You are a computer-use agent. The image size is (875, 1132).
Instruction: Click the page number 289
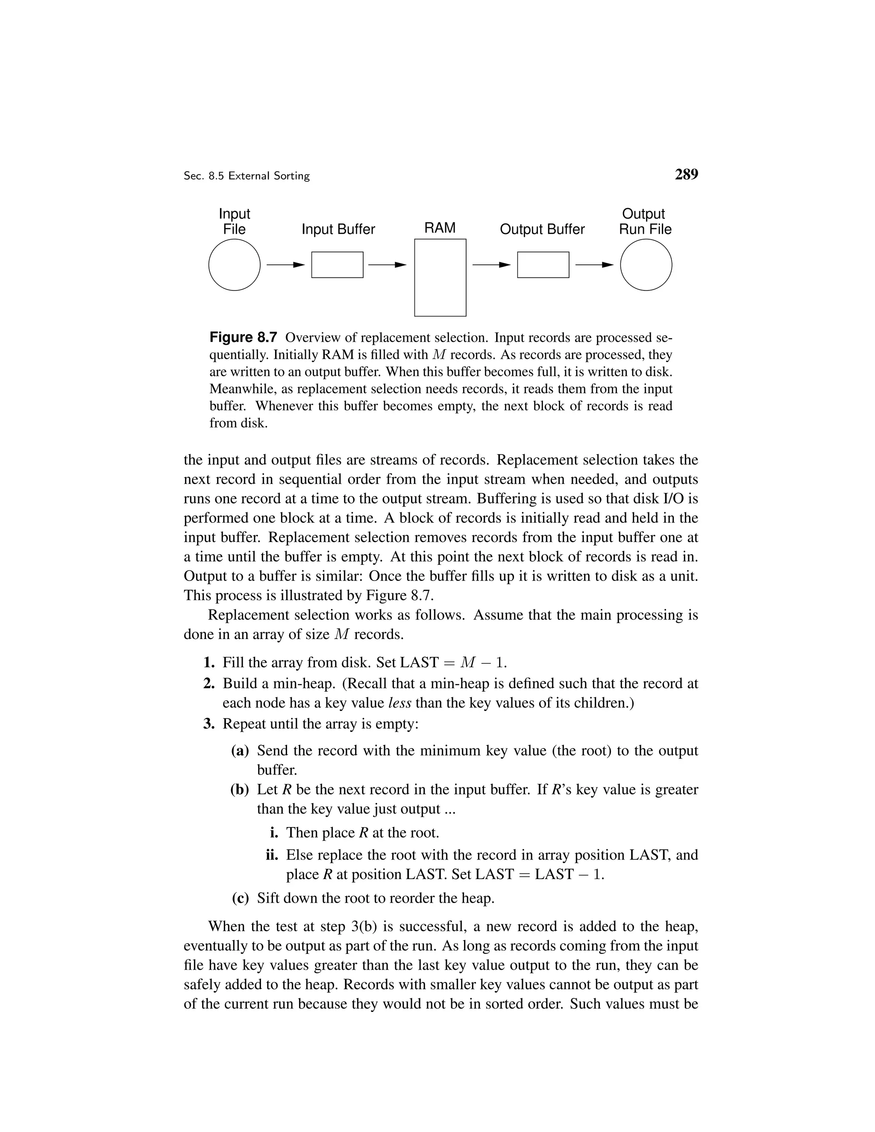click(x=686, y=175)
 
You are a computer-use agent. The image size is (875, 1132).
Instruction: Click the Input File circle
click(x=234, y=265)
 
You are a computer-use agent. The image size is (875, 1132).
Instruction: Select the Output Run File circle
click(x=646, y=265)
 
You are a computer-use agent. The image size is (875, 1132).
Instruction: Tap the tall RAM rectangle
click(x=440, y=277)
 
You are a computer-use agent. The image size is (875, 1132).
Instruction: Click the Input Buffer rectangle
click(x=337, y=265)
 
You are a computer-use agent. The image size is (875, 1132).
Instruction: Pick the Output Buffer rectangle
click(x=543, y=265)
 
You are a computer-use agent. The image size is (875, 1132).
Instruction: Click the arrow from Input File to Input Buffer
click(x=285, y=265)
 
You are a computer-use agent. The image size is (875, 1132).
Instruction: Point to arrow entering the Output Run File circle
click(x=594, y=265)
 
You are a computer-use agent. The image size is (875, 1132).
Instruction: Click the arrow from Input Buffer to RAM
click(x=387, y=265)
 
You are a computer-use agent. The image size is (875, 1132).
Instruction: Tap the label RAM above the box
click(x=440, y=228)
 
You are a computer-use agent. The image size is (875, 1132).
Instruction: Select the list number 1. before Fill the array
click(x=209, y=663)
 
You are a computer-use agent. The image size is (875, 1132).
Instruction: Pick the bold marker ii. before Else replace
click(x=272, y=855)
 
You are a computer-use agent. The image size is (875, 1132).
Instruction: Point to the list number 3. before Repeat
click(x=209, y=724)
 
